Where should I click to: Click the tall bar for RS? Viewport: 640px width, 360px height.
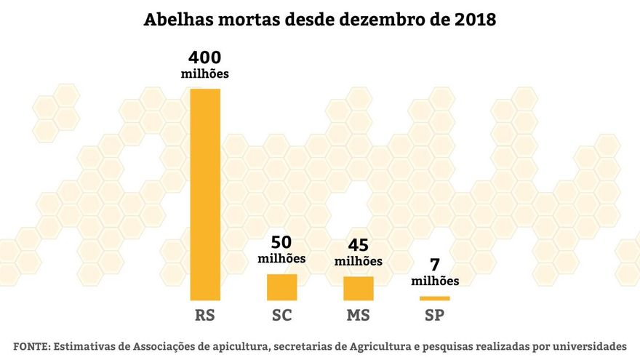pyautogui.click(x=205, y=194)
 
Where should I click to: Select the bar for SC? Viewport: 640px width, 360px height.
pyautogui.click(x=281, y=287)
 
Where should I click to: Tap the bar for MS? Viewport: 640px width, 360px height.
pyautogui.click(x=359, y=289)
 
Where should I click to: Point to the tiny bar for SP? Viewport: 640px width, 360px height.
pyautogui.click(x=435, y=298)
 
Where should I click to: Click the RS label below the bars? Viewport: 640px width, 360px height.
pyautogui.click(x=205, y=316)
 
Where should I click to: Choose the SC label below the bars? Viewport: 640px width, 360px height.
pyautogui.click(x=281, y=316)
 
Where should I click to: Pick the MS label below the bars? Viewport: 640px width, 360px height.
pyautogui.click(x=359, y=316)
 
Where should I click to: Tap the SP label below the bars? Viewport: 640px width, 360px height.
pyautogui.click(x=435, y=316)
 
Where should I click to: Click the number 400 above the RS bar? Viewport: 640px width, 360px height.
pyautogui.click(x=204, y=57)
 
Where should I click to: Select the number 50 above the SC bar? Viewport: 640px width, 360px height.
pyautogui.click(x=282, y=242)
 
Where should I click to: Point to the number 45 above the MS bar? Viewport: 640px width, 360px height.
pyautogui.click(x=358, y=245)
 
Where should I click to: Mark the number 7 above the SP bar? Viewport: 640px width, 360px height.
pyautogui.click(x=435, y=265)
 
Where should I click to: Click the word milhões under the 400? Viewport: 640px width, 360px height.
pyautogui.click(x=204, y=73)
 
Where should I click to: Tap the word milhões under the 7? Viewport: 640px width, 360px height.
pyautogui.click(x=435, y=281)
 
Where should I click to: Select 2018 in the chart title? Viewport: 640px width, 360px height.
pyautogui.click(x=473, y=20)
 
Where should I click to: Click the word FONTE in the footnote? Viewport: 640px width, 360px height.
pyautogui.click(x=30, y=345)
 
